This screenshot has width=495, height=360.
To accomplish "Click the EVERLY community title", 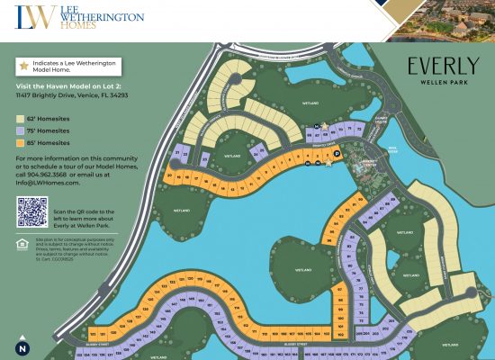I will tap(442, 66).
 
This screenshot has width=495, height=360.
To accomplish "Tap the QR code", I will tap(32, 212).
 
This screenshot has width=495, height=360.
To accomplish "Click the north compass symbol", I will tap(21, 347).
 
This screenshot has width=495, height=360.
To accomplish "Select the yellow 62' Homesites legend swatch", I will tap(20, 118).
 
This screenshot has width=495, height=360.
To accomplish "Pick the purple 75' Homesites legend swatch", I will tap(20, 130).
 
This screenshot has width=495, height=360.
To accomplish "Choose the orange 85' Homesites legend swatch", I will tap(20, 142).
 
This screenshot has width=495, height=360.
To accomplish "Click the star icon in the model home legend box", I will tap(23, 67).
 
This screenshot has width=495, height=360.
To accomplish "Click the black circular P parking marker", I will tap(337, 155).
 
